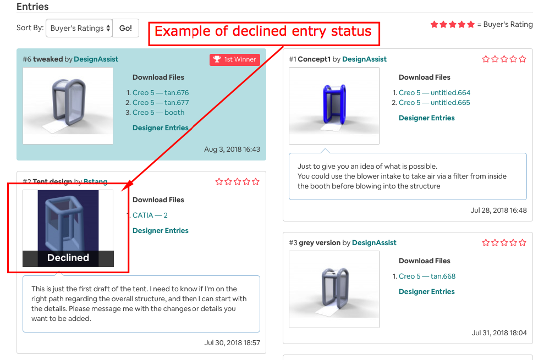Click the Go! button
coord(125,28)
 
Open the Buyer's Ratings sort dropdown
coord(79,28)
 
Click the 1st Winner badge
coord(235,59)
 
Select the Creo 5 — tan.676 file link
coord(161,93)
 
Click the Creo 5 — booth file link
coord(158,113)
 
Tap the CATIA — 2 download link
coord(150,215)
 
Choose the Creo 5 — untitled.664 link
coord(435,93)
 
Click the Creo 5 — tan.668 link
coord(427,276)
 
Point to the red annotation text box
coord(263,31)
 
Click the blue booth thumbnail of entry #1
coord(334,106)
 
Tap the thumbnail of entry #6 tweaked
coord(68,106)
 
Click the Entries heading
coord(32,7)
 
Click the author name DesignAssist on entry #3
coord(374,243)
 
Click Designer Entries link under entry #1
coord(426,118)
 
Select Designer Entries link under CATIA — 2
coord(160,231)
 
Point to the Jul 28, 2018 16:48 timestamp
coord(498,211)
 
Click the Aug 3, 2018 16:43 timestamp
coord(232,149)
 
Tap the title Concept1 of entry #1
coord(314,59)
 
